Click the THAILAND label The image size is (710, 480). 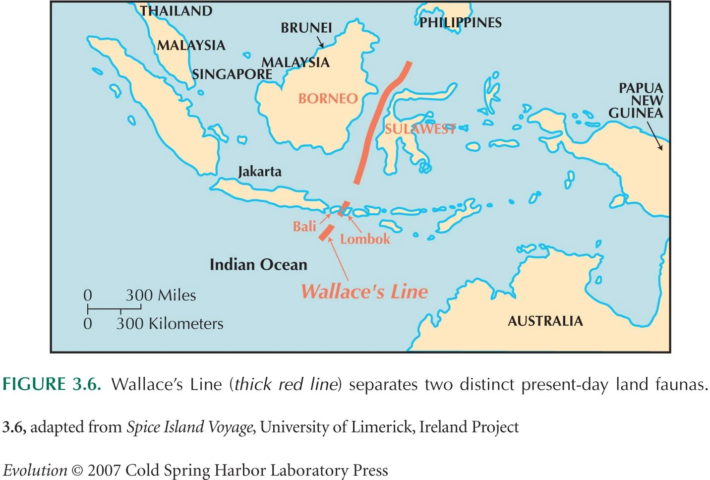pyautogui.click(x=176, y=11)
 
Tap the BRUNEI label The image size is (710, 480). pyautogui.click(x=306, y=28)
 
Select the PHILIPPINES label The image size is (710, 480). pyautogui.click(x=461, y=22)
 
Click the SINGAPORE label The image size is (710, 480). pyautogui.click(x=232, y=74)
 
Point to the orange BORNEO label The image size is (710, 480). pyautogui.click(x=328, y=98)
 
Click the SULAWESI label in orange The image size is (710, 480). pyautogui.click(x=420, y=129)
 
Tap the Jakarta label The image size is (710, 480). pyautogui.click(x=260, y=172)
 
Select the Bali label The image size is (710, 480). pyautogui.click(x=304, y=227)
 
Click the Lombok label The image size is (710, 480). pyautogui.click(x=365, y=239)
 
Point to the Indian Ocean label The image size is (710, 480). pyautogui.click(x=258, y=264)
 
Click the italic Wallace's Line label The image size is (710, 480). pyautogui.click(x=364, y=291)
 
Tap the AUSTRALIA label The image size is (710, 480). pyautogui.click(x=545, y=321)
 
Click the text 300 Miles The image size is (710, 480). pyautogui.click(x=161, y=296)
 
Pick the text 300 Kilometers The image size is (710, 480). pyautogui.click(x=170, y=324)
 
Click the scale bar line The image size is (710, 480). pyautogui.click(x=114, y=309)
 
